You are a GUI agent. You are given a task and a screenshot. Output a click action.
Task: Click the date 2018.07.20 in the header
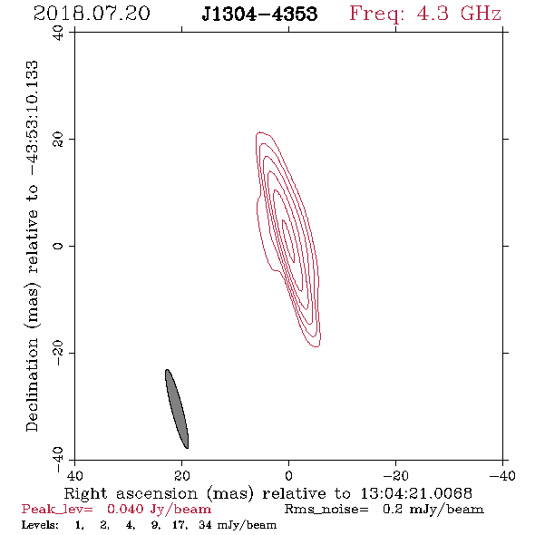(92, 14)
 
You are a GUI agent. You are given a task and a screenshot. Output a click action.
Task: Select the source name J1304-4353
(259, 14)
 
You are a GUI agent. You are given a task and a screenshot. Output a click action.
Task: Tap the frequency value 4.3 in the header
(433, 14)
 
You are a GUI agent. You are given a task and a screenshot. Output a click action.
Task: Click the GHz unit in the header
(481, 14)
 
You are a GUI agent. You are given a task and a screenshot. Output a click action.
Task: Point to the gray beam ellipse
(177, 409)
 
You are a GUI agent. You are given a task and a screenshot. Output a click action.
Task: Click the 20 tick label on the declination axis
(58, 140)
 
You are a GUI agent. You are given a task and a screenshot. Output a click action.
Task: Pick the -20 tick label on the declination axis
(58, 354)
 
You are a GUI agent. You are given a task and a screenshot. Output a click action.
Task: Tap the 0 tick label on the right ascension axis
(288, 476)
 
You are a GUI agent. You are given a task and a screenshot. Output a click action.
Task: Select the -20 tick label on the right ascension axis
(395, 476)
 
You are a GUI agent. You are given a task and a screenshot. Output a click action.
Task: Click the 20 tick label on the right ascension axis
(182, 476)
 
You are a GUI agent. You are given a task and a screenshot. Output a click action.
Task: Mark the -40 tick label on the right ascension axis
(502, 476)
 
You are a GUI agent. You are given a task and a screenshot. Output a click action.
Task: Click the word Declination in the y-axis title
(32, 384)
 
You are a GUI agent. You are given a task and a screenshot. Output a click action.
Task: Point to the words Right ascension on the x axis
(131, 494)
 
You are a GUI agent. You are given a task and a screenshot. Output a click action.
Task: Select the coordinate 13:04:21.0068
(416, 493)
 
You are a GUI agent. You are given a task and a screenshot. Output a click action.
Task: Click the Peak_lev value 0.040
(125, 509)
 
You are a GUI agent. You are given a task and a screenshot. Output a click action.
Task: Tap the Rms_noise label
(326, 510)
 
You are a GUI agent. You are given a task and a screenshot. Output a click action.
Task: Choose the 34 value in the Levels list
(205, 525)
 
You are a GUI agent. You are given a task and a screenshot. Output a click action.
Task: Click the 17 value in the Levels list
(180, 525)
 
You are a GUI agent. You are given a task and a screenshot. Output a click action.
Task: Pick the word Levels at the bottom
(40, 525)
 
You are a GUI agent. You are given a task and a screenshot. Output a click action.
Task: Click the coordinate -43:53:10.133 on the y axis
(33, 119)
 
